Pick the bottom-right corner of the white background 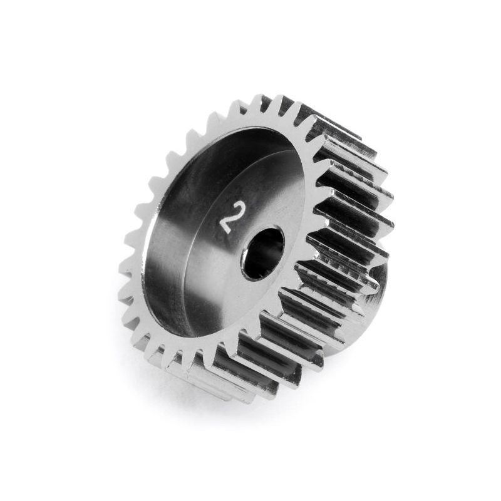[x=495, y=495]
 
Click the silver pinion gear [x=250, y=238]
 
